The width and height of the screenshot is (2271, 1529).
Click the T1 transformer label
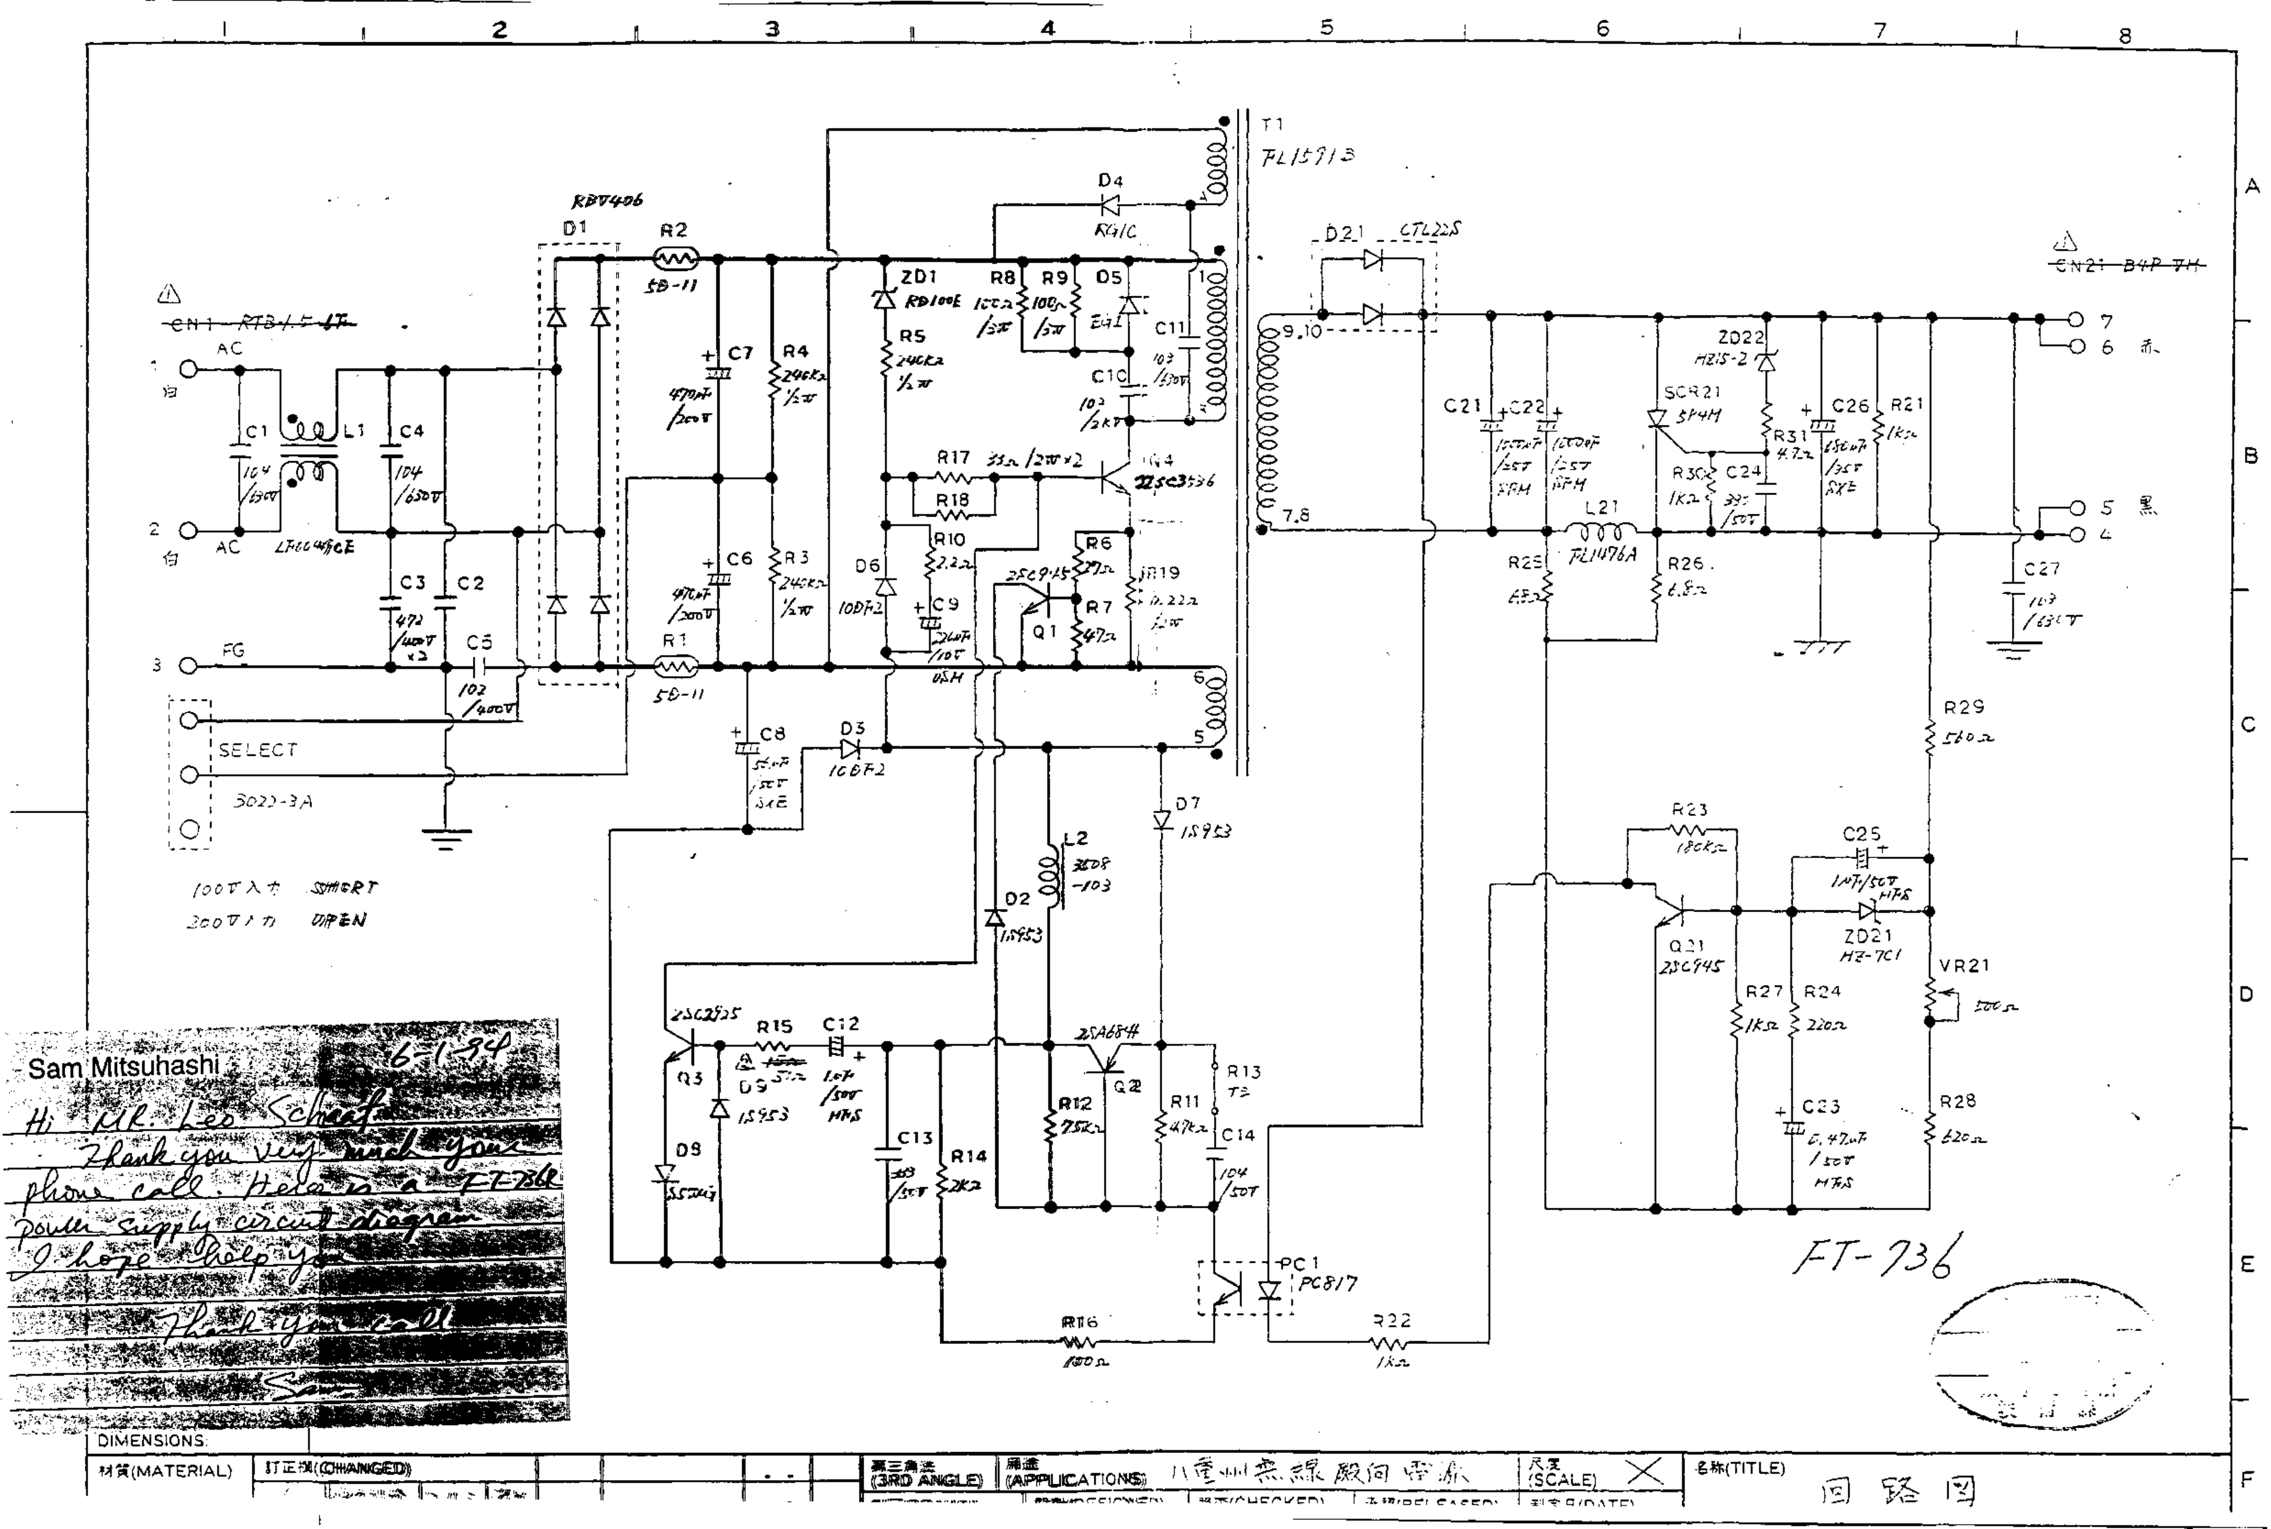point(1272,125)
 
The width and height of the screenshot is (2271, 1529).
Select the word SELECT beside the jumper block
point(257,750)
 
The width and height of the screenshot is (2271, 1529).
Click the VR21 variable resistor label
point(1964,965)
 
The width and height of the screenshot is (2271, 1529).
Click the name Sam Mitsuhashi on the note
point(123,1067)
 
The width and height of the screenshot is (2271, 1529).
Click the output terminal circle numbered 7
point(2075,320)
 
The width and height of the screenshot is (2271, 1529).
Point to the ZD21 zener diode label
point(1868,936)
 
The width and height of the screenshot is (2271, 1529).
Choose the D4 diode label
point(1110,180)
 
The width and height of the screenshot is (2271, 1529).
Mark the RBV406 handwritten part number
point(607,201)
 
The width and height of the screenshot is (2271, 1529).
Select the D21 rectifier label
point(1343,233)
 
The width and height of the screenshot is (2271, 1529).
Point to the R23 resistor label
point(1689,809)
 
